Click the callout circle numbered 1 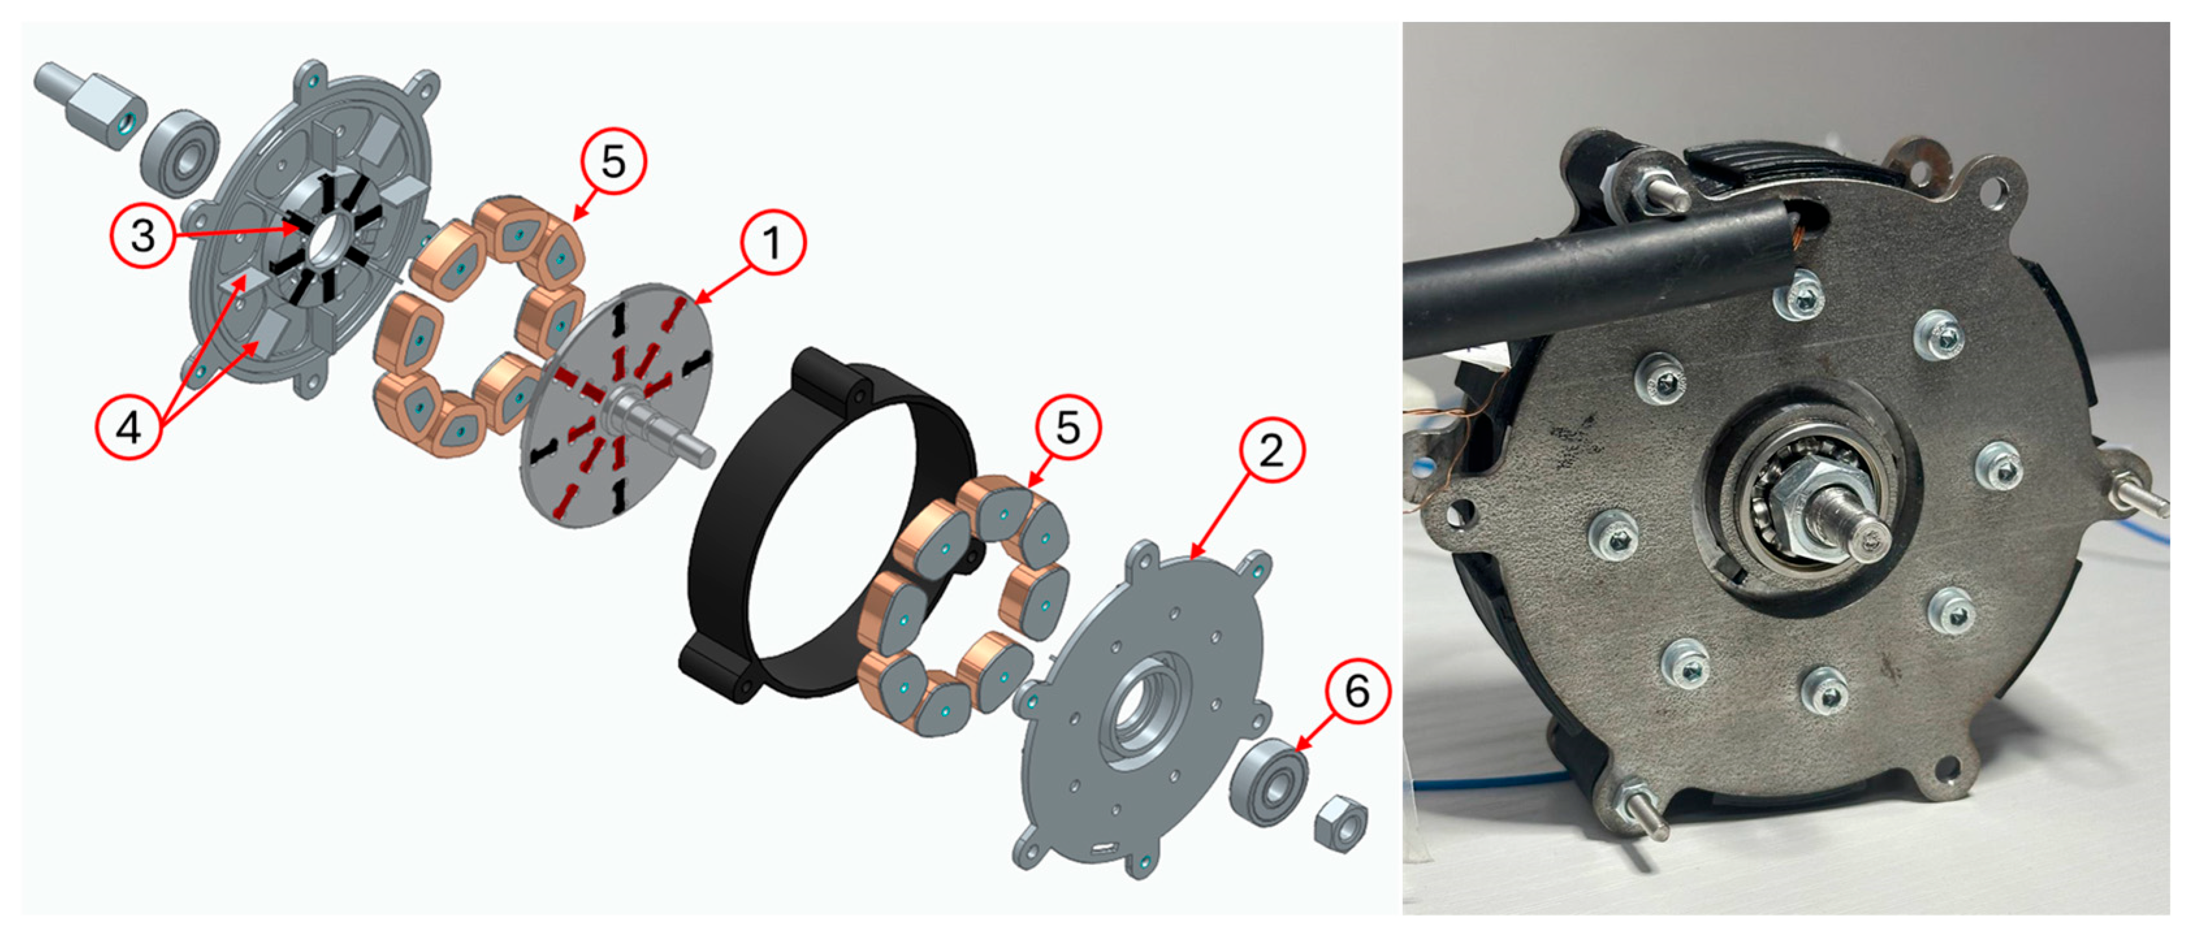pyautogui.click(x=772, y=243)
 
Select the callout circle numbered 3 pyautogui.click(x=143, y=235)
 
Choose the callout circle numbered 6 pyautogui.click(x=1357, y=691)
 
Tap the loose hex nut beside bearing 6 pyautogui.click(x=1341, y=821)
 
